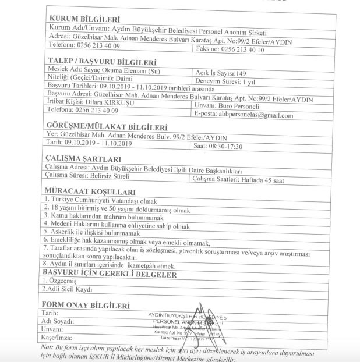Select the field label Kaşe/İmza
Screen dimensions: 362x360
pyautogui.click(x=61, y=338)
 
